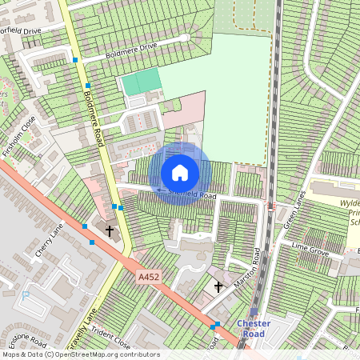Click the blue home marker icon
click(180, 173)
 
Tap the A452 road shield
click(149, 277)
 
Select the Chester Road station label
click(254, 329)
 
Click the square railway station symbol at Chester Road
click(254, 313)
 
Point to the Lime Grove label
click(310, 250)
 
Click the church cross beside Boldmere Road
click(109, 231)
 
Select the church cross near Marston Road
click(218, 286)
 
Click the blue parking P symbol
click(25, 294)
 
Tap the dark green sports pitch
click(140, 83)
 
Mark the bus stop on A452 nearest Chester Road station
click(217, 325)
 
